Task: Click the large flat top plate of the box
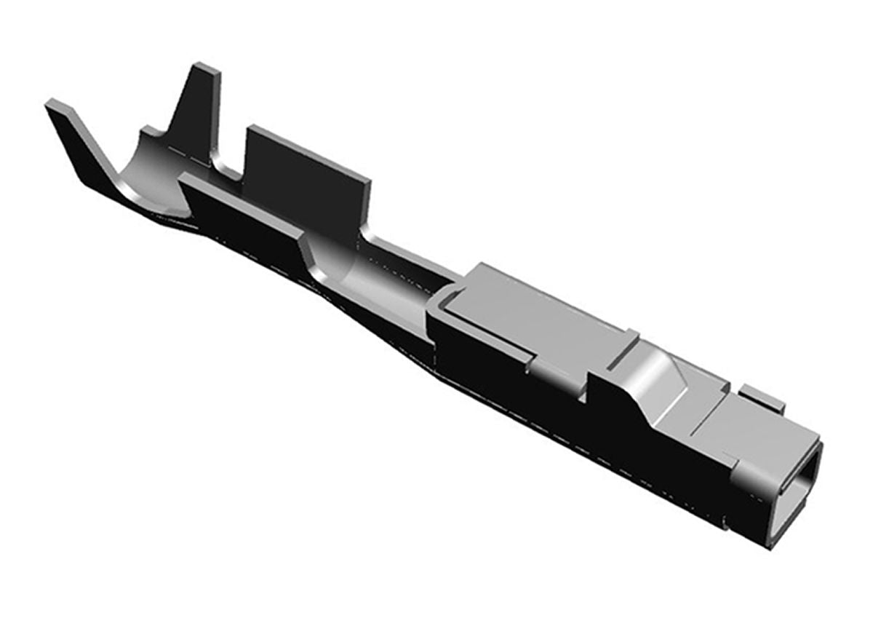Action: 538,313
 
